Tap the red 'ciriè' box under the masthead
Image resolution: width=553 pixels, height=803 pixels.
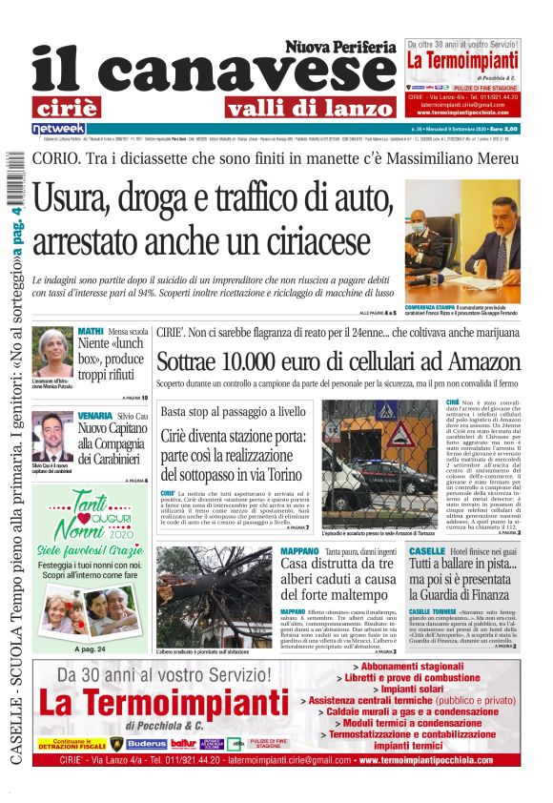coord(78,107)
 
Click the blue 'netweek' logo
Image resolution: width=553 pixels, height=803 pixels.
coord(59,128)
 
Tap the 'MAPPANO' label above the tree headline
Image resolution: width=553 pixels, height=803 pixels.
coord(299,552)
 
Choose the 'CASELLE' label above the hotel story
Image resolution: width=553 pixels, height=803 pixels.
coord(426,552)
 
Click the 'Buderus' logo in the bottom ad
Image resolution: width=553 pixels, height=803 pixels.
coord(146,744)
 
